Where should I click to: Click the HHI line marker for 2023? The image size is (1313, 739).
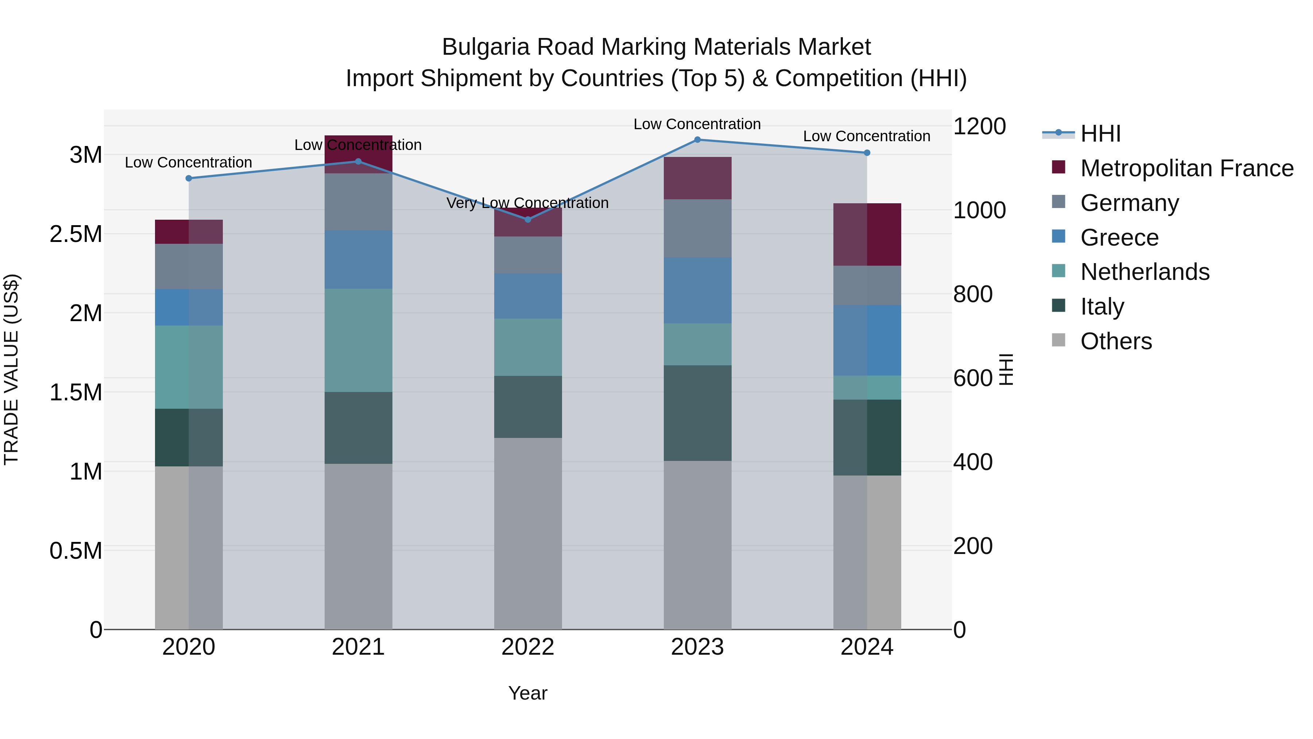coord(697,140)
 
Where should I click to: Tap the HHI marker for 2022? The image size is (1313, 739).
coord(527,220)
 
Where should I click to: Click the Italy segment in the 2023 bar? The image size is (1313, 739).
coord(697,413)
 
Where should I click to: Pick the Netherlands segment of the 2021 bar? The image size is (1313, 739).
coord(358,340)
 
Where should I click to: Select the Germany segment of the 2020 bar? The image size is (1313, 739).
coord(189,266)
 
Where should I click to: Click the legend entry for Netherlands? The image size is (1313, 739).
coord(1144,272)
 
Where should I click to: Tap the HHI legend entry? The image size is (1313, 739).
coord(1100,134)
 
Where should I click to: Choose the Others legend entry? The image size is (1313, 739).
coord(1116,341)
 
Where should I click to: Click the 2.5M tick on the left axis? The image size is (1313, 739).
coord(75,234)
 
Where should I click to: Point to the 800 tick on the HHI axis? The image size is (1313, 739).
coord(972,294)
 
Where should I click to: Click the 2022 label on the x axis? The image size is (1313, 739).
coord(527,647)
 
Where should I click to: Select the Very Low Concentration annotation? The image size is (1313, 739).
coord(527,203)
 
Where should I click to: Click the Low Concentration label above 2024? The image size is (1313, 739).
coord(867,136)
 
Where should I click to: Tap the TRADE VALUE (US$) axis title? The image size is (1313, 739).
coord(11,369)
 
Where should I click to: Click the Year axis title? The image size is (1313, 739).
coord(527,693)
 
